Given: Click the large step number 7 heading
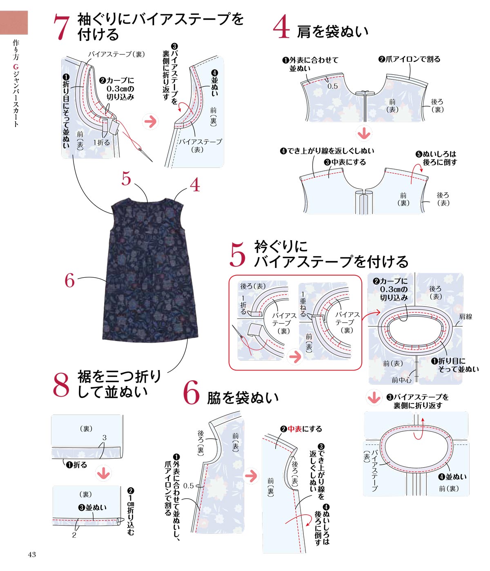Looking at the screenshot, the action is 61,27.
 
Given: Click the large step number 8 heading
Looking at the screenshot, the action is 61,385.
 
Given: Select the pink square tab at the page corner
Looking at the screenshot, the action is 14,22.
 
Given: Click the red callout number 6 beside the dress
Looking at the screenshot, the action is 69,280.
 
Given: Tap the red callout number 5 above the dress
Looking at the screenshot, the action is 126,178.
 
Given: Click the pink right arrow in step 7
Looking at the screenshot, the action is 151,122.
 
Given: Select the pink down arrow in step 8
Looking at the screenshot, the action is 104,473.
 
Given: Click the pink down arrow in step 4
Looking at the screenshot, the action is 363,134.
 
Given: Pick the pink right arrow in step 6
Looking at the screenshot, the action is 251,476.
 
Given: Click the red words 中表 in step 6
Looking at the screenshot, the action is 295,429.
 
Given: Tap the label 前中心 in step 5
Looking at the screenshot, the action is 401,380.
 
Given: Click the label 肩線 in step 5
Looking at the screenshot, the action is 465,317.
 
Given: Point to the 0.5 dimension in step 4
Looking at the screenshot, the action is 332,86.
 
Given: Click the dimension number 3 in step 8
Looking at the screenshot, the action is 104,437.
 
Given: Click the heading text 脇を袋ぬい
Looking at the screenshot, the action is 243,398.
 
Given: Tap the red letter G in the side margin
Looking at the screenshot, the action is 16,67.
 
